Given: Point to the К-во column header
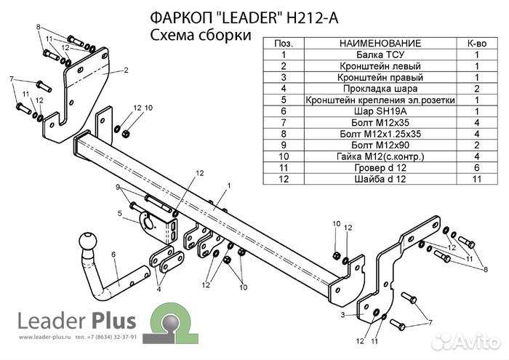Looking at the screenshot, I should [x=476, y=44].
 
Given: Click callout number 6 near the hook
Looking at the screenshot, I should [x=113, y=254].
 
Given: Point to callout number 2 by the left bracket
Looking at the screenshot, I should [x=125, y=71].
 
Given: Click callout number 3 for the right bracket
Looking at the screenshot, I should [x=342, y=315].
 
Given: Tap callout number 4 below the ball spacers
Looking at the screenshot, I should [x=159, y=289].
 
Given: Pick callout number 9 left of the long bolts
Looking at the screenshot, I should [x=117, y=188].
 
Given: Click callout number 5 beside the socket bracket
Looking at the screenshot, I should [x=119, y=213].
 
